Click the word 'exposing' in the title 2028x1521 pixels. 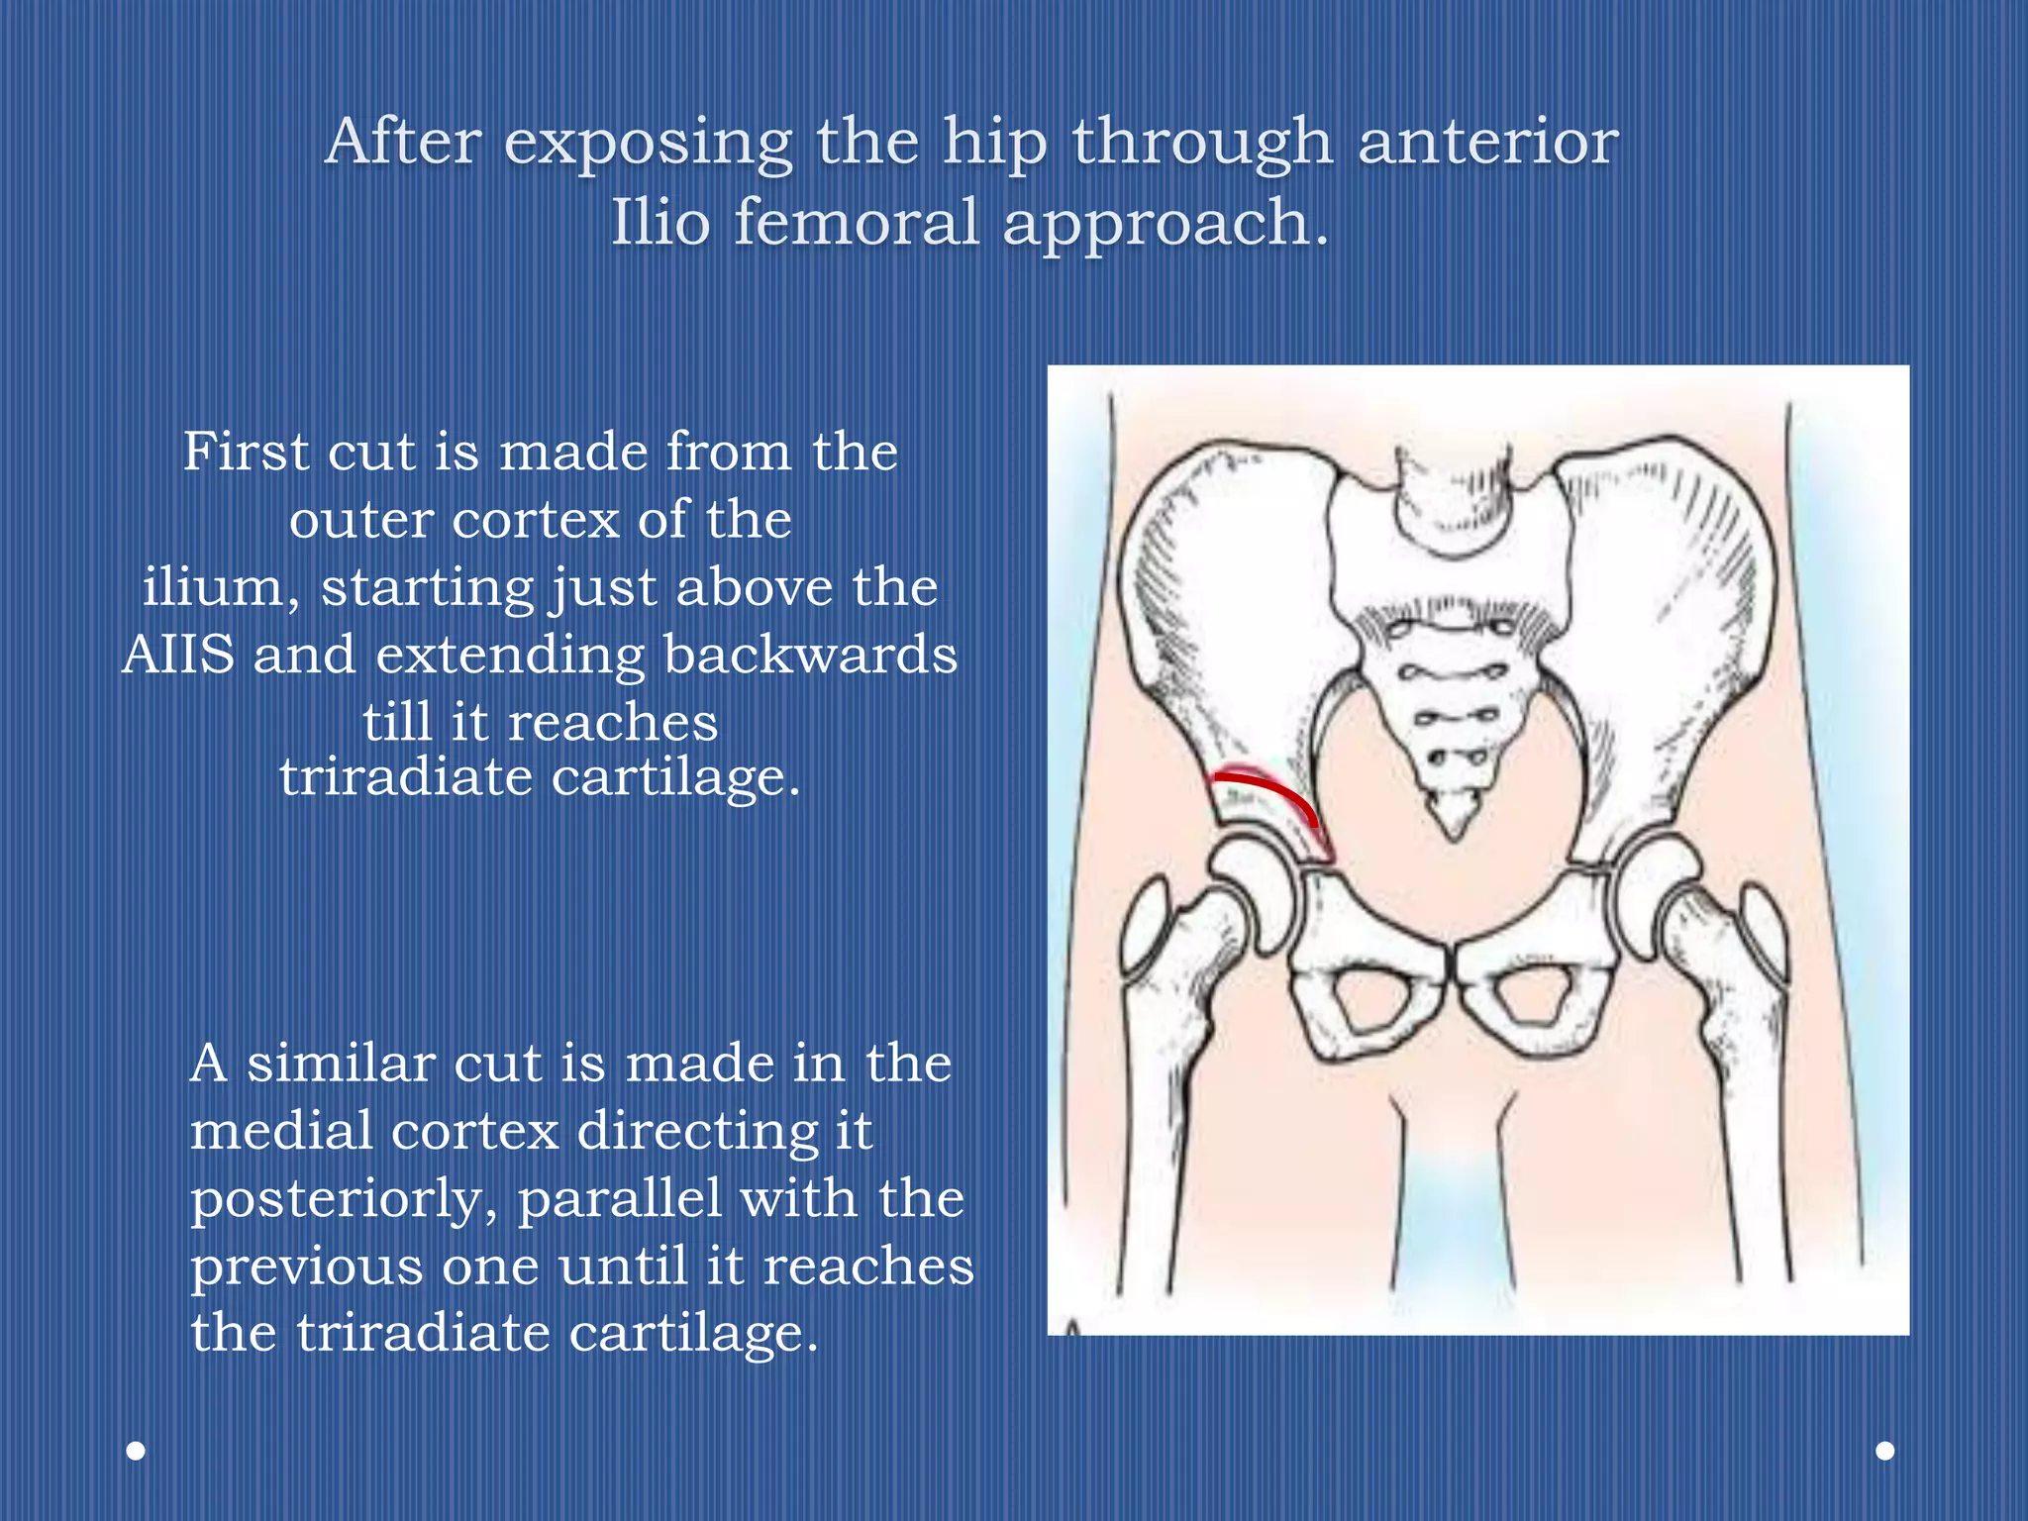(x=648, y=143)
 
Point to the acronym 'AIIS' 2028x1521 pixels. (x=179, y=655)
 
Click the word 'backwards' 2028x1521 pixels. (x=810, y=655)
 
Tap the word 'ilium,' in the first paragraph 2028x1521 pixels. (x=221, y=587)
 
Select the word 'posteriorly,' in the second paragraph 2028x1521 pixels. (x=344, y=1198)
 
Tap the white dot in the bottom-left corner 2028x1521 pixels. (x=137, y=1451)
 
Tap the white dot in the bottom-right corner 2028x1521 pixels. (x=1885, y=1451)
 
